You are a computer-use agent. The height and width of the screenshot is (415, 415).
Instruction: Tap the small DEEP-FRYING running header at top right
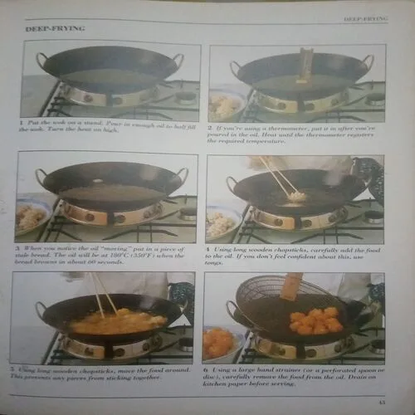click(x=365, y=17)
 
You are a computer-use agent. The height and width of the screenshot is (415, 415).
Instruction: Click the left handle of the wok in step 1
click(x=41, y=61)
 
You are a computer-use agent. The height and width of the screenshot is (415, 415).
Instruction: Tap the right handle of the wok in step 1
click(x=176, y=59)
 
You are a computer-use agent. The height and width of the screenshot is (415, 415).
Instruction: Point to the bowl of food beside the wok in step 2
click(x=227, y=105)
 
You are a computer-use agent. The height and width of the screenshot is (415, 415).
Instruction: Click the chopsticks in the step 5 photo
click(x=102, y=293)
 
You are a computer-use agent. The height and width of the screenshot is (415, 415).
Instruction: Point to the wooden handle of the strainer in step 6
click(x=291, y=285)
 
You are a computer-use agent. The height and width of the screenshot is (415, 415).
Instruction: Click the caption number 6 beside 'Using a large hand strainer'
click(x=210, y=368)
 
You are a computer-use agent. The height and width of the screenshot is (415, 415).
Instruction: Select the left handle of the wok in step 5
click(x=41, y=309)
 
